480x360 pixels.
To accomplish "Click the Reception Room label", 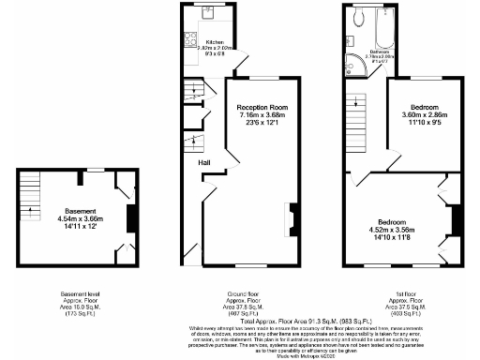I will [x=262, y=108].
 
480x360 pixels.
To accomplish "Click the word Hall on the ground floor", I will [x=203, y=163].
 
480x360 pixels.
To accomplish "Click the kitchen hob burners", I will [x=187, y=41].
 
